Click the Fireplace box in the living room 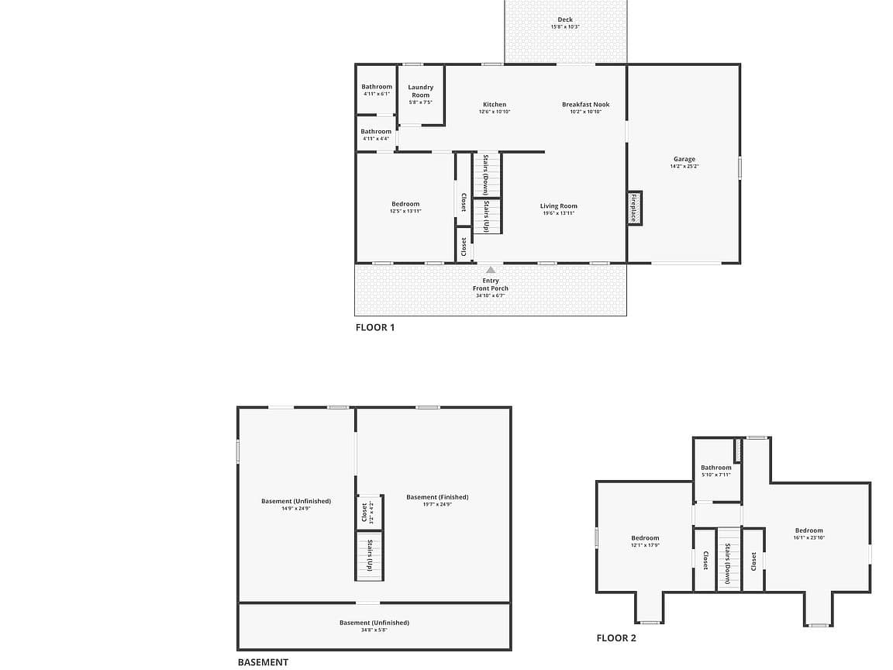(634, 208)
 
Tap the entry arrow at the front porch (491, 270)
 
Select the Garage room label (684, 160)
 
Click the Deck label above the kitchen (565, 19)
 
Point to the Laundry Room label (420, 92)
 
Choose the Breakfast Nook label (585, 104)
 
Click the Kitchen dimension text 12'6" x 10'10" (495, 112)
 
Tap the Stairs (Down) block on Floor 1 (486, 175)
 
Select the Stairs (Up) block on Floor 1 (486, 216)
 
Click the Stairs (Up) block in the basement (370, 555)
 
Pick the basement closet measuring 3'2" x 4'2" (369, 512)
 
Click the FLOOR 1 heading (374, 327)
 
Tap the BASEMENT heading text (263, 662)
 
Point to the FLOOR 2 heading (616, 638)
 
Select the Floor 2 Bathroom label (716, 467)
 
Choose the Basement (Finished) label (437, 497)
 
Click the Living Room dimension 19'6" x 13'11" (559, 213)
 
